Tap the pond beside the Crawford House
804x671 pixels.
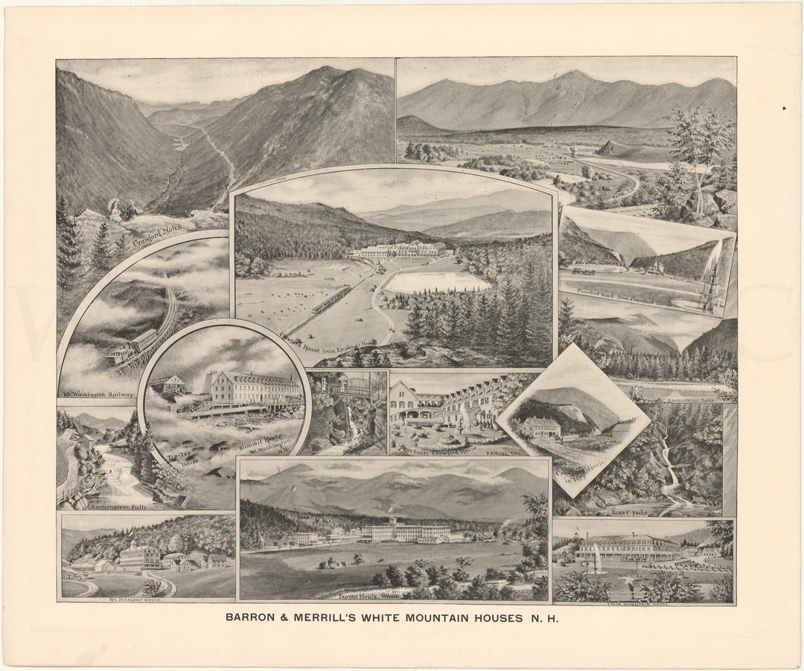tap(435, 282)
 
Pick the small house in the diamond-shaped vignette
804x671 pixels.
tap(542, 427)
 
